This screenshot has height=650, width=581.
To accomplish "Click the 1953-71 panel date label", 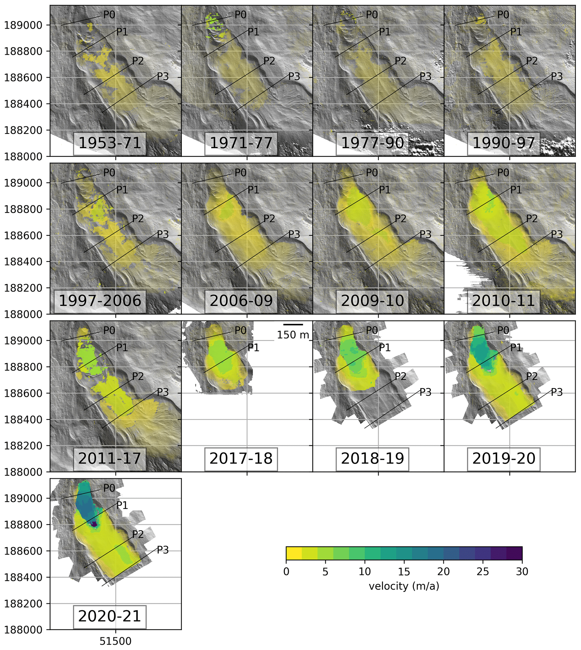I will [110, 143].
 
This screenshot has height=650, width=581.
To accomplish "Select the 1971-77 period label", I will [241, 143].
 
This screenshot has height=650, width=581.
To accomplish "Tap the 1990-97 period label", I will [503, 143].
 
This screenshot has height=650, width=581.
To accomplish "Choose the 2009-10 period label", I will [372, 301].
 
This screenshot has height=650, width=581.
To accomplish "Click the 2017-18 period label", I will [241, 458].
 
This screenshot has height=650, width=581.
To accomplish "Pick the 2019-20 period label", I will [503, 458].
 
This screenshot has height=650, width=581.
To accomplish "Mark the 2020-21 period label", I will [110, 616].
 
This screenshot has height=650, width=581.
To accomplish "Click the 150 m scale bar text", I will [293, 335].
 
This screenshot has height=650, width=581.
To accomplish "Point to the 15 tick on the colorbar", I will [404, 572].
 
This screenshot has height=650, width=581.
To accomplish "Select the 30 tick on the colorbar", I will [522, 572].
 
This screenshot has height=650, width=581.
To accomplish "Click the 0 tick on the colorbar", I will [286, 572].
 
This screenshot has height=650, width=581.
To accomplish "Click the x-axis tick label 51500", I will [116, 641].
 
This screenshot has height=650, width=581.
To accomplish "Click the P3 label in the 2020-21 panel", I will [162, 550].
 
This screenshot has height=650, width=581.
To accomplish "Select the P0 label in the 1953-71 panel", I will [109, 15].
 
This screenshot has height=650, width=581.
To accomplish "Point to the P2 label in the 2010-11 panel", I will [532, 219].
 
